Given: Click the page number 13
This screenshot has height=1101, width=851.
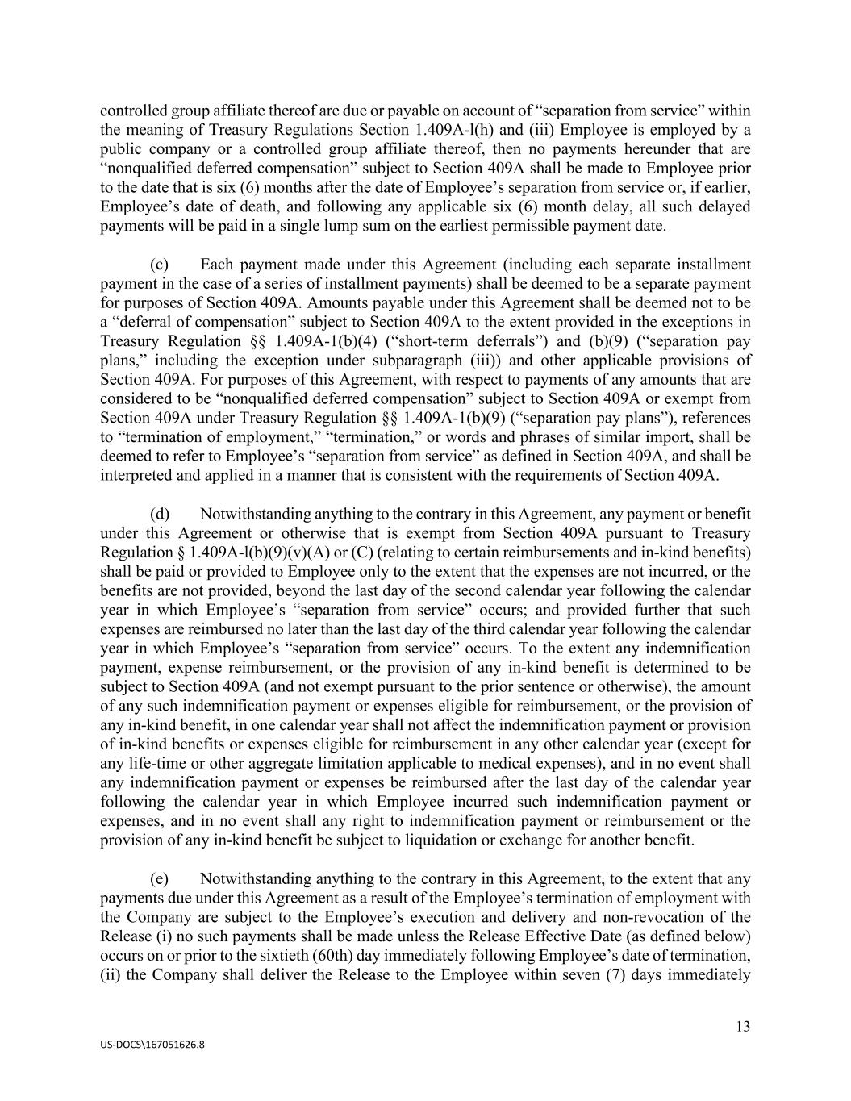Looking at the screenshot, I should pyautogui.click(x=743, y=1026).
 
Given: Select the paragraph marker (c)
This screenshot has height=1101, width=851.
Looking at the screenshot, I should pyautogui.click(x=159, y=265).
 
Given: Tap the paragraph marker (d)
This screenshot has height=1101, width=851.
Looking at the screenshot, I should pyautogui.click(x=159, y=514).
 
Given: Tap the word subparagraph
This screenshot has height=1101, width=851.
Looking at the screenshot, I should pyautogui.click(x=423, y=361).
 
